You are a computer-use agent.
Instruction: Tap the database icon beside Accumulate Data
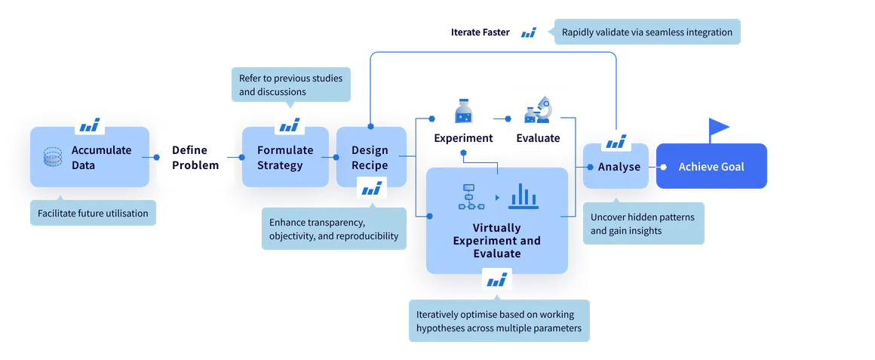(x=53, y=157)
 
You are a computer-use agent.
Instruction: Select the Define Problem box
(x=195, y=158)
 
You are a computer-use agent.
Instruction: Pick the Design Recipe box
(x=370, y=158)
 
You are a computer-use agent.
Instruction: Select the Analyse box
(x=616, y=167)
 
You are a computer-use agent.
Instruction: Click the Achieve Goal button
(x=711, y=167)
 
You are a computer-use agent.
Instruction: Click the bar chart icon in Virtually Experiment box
(x=523, y=196)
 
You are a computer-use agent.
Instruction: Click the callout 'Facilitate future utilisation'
(x=94, y=214)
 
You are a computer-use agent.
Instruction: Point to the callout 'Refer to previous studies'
(x=290, y=85)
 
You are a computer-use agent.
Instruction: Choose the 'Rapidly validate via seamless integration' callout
(x=646, y=32)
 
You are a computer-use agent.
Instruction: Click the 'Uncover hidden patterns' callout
(x=643, y=224)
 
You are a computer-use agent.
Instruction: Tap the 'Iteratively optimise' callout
(x=498, y=322)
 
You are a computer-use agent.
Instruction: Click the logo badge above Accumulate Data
(x=90, y=123)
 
